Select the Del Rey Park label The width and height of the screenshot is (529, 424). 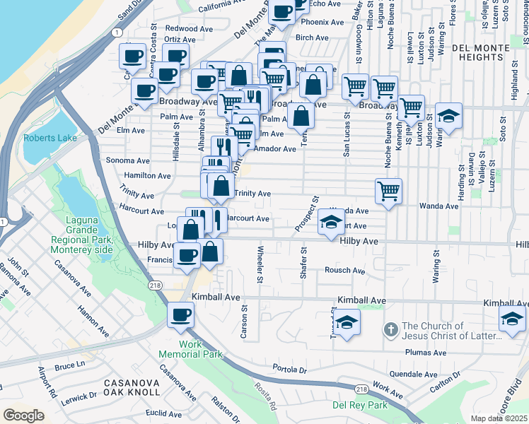360,405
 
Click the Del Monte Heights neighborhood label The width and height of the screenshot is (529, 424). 489,53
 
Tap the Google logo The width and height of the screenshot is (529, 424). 23,416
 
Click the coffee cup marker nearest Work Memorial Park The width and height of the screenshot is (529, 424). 180,314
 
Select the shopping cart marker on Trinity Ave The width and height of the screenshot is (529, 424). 388,190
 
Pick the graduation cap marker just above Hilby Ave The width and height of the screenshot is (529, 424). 331,223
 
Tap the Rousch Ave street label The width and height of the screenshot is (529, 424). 344,271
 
